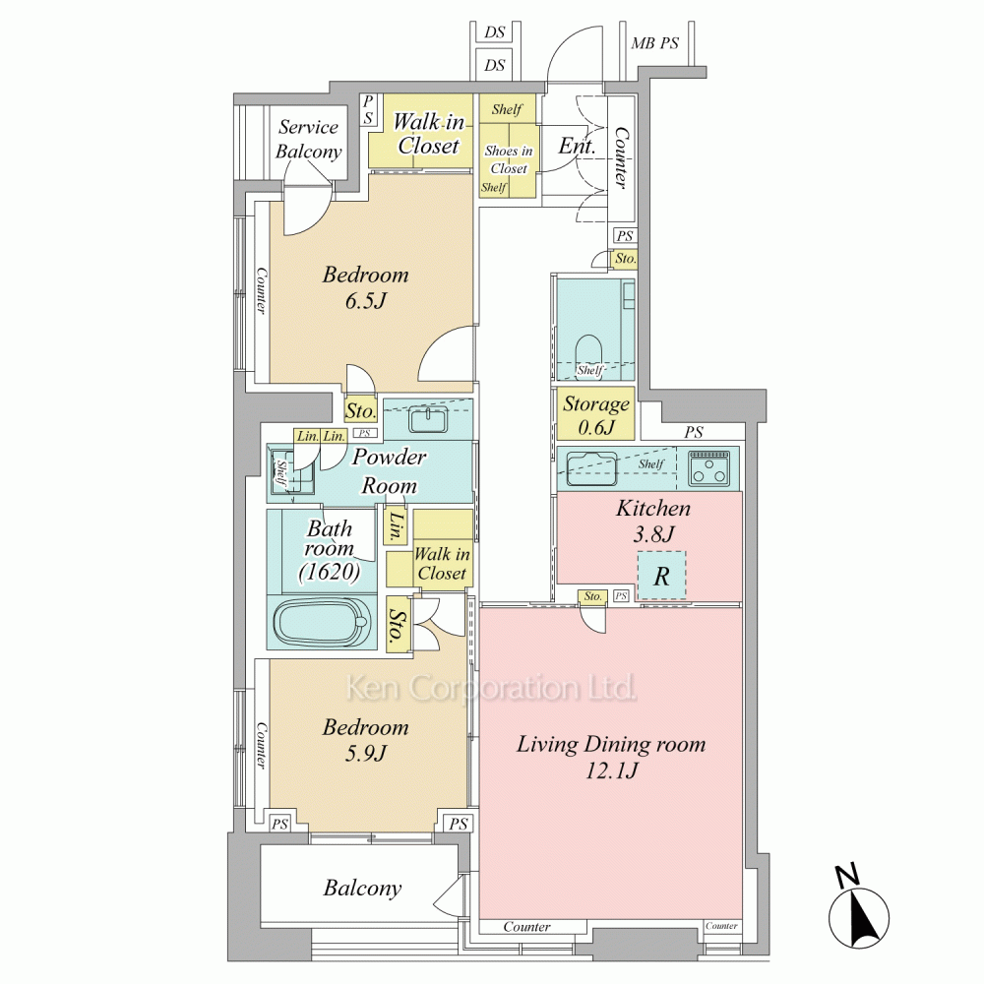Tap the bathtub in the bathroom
pos(322,622)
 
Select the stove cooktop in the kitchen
pos(709,467)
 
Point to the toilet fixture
pos(588,355)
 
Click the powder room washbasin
pos(428,419)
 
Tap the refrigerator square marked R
pos(662,576)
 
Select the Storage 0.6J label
pos(595,415)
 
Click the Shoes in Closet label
pos(509,159)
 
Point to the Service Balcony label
pos(309,140)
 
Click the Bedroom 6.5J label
pos(365,287)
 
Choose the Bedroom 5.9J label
pos(365,739)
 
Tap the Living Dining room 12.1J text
pos(611,757)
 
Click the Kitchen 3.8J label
pos(653,521)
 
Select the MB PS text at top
pos(655,43)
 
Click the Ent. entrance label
pos(577,147)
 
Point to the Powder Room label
pos(389,470)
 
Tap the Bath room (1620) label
pos(330,550)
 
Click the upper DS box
pos(495,32)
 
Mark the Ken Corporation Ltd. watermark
pos(491,689)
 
